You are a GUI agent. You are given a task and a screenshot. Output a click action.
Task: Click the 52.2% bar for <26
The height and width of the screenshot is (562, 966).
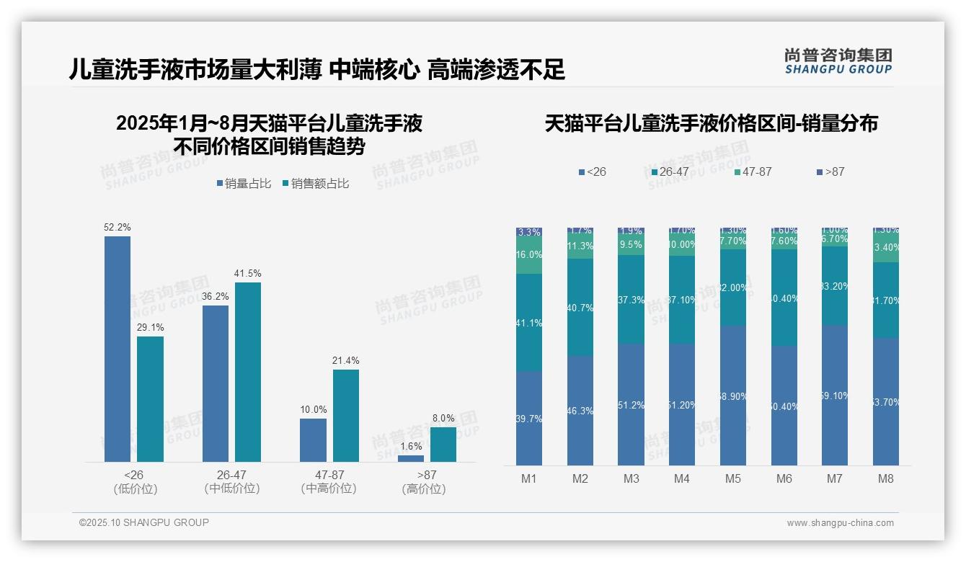(x=118, y=349)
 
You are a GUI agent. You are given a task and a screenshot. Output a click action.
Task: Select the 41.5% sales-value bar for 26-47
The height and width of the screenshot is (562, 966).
(x=248, y=372)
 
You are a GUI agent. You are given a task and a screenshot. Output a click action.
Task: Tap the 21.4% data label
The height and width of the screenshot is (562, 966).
(x=346, y=360)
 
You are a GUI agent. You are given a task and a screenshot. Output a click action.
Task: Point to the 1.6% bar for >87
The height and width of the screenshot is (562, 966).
(x=411, y=458)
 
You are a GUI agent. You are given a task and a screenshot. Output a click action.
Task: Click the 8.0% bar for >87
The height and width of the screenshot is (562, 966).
(x=443, y=444)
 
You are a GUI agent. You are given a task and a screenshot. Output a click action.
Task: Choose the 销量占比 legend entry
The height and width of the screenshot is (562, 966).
(x=244, y=184)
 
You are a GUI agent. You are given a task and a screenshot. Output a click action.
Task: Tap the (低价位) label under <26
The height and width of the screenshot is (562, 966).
(x=135, y=489)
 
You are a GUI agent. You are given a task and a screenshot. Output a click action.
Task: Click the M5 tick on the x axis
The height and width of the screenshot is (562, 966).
(x=732, y=478)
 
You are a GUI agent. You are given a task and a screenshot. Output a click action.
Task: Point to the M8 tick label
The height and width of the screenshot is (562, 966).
(x=886, y=478)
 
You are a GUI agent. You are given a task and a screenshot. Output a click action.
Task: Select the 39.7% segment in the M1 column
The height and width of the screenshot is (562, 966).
(x=529, y=418)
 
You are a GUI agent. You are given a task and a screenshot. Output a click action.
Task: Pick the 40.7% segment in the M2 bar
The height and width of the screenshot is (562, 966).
(x=580, y=307)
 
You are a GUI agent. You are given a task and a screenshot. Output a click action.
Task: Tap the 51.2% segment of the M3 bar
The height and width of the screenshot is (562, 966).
(x=632, y=404)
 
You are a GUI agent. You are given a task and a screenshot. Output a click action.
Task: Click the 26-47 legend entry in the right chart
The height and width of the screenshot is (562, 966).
(x=670, y=171)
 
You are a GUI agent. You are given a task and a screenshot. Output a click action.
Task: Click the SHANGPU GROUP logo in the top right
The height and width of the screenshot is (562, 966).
(x=838, y=61)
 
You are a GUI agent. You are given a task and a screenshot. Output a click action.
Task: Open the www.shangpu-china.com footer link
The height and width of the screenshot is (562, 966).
(x=840, y=523)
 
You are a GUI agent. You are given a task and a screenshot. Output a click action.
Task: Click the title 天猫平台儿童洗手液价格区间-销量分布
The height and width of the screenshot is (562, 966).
(x=711, y=123)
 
